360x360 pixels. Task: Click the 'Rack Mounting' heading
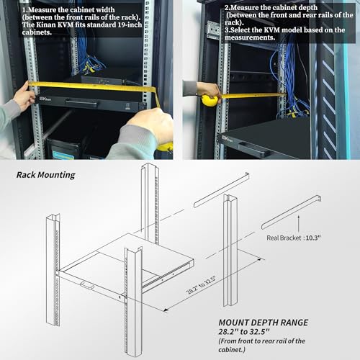[46, 175]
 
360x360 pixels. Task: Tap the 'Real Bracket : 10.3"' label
[294, 238]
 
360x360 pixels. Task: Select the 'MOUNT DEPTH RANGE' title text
[264, 323]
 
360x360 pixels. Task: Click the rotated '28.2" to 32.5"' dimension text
[202, 285]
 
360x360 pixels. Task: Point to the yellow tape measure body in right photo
[210, 100]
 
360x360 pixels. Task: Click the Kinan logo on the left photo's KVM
[45, 99]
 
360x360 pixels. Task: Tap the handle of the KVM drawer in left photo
[81, 104]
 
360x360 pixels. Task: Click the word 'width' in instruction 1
[105, 10]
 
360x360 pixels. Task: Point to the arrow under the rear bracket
[299, 224]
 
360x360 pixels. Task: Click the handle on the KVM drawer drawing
[87, 285]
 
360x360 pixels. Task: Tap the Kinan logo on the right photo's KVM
[227, 139]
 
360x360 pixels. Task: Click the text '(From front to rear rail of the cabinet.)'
[261, 345]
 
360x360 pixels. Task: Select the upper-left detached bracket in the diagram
[221, 190]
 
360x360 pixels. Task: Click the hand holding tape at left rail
[24, 95]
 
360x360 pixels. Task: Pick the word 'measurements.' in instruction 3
[250, 37]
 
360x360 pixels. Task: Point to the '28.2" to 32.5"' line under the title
[244, 332]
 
